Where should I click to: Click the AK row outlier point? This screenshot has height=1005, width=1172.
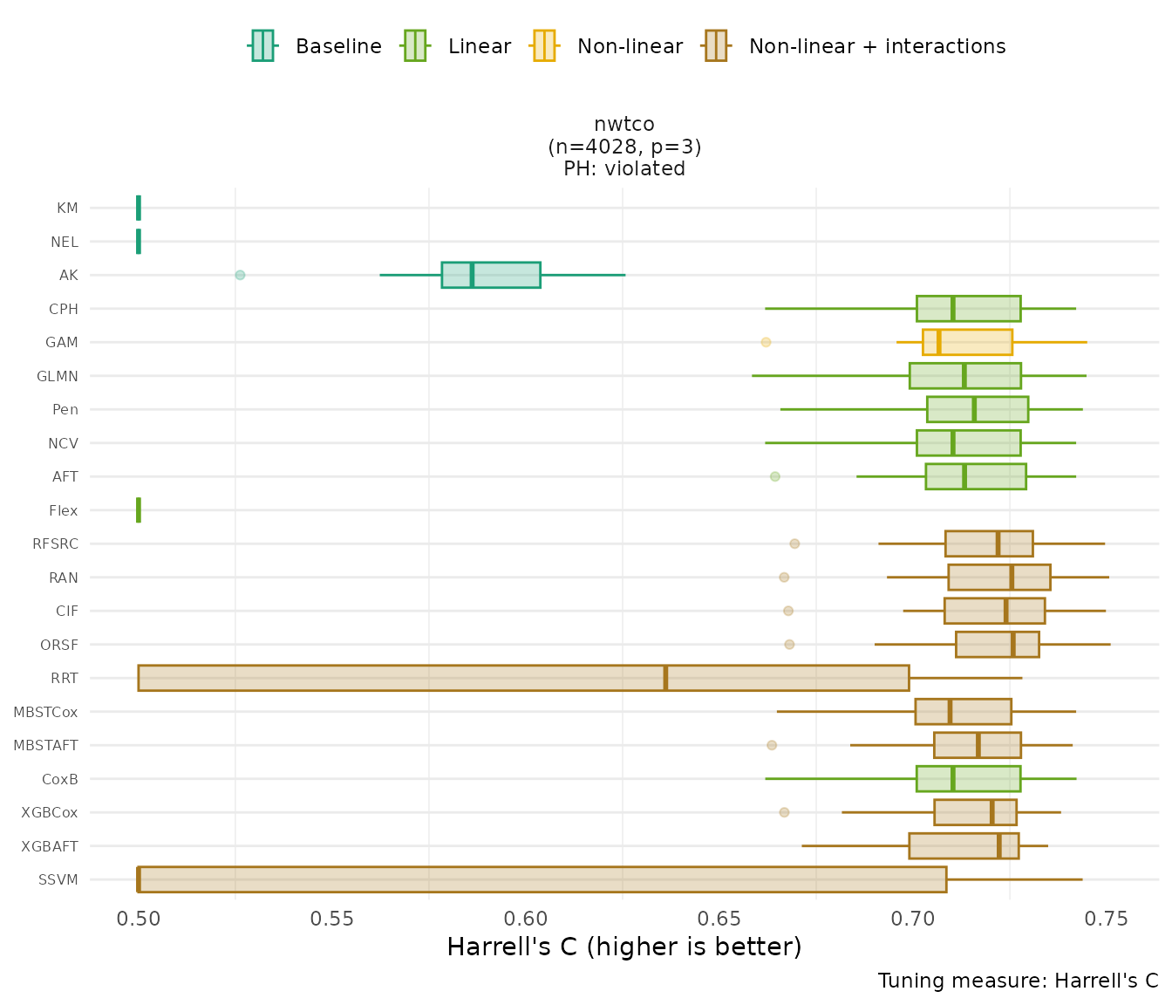pyautogui.click(x=240, y=275)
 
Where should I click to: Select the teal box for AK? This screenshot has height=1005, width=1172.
pyautogui.click(x=491, y=275)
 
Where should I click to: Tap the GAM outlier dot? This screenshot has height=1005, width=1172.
pyautogui.click(x=766, y=342)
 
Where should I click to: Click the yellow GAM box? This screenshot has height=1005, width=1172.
pyautogui.click(x=967, y=342)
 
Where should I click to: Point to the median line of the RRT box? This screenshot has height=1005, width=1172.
pyautogui.click(x=665, y=678)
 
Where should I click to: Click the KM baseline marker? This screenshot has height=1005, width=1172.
pyautogui.click(x=139, y=208)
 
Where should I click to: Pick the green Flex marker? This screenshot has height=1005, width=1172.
pyautogui.click(x=139, y=509)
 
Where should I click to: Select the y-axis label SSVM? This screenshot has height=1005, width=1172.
pyautogui.click(x=58, y=879)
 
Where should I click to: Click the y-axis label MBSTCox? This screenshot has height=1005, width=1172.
pyautogui.click(x=45, y=712)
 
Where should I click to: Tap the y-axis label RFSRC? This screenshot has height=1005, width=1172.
pyautogui.click(x=55, y=544)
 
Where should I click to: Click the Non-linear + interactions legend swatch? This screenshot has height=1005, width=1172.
pyautogui.click(x=716, y=46)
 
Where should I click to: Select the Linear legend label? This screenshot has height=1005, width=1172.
pyautogui.click(x=479, y=46)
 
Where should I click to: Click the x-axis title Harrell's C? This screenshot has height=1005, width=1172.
pyautogui.click(x=623, y=947)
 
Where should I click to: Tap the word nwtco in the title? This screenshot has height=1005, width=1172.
pyautogui.click(x=623, y=124)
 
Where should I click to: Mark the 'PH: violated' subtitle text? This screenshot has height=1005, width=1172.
pyautogui.click(x=623, y=168)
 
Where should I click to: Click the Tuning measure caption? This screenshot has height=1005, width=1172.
pyautogui.click(x=1018, y=981)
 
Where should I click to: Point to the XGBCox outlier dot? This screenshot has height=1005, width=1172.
pyautogui.click(x=784, y=812)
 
